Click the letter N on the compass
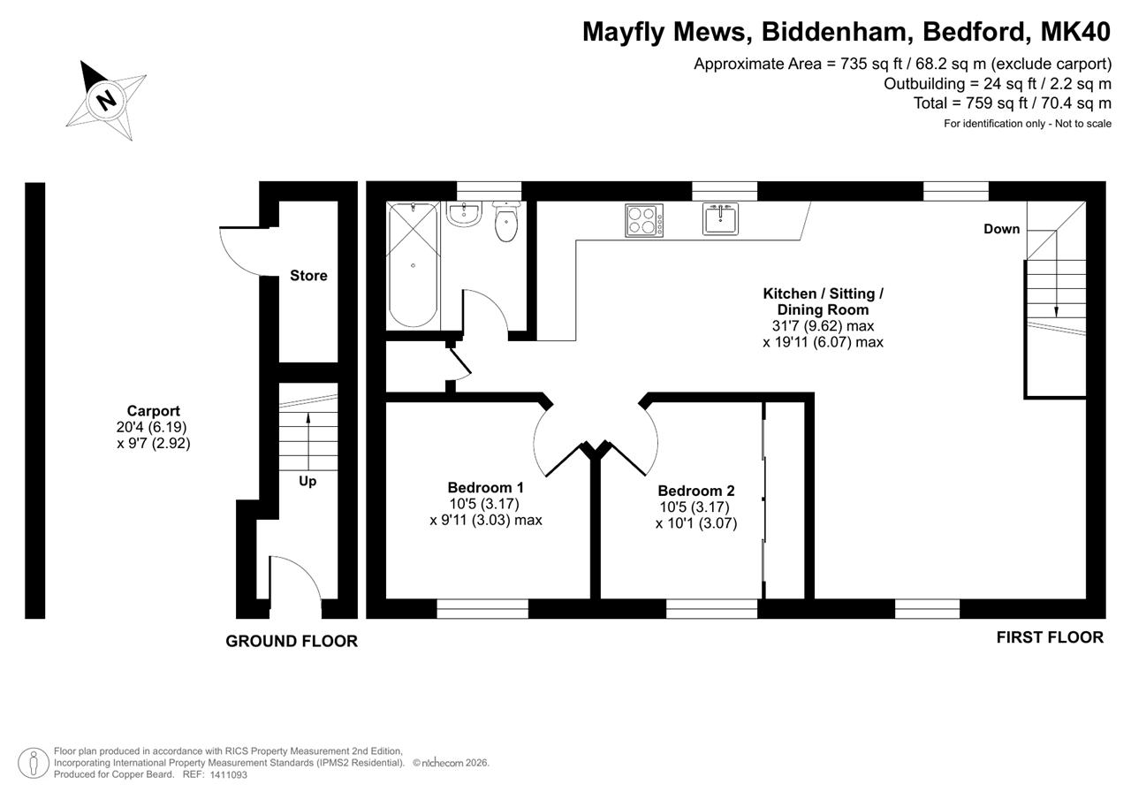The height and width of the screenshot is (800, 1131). (x=106, y=100)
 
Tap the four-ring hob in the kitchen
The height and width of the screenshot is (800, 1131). (x=644, y=220)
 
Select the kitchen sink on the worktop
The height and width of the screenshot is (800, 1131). (x=720, y=218)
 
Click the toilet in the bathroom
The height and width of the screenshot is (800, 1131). (x=506, y=222)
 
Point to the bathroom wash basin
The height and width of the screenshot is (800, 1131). (x=464, y=214)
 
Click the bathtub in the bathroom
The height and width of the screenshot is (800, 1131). (x=413, y=265)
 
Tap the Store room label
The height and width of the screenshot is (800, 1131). (x=308, y=275)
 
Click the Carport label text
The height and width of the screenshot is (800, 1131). (x=154, y=410)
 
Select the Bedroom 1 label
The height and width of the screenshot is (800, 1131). (x=486, y=487)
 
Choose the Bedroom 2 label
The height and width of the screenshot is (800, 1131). (x=696, y=491)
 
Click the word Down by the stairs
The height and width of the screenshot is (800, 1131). (x=1002, y=229)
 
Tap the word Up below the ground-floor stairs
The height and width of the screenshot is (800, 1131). (x=307, y=481)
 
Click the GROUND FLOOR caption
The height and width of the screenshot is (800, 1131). (x=292, y=641)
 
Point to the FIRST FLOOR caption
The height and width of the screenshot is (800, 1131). (x=1051, y=637)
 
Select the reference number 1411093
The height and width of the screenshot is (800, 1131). (x=229, y=774)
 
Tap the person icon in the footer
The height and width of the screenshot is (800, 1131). (x=34, y=763)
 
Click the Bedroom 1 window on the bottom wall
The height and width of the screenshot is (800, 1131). (x=482, y=608)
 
